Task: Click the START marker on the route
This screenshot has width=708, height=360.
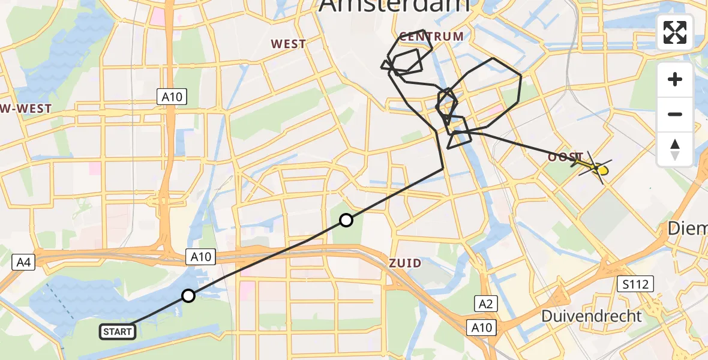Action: click(118, 331)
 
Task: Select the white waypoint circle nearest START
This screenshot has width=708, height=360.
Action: click(188, 295)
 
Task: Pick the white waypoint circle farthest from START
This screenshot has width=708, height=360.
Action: click(346, 220)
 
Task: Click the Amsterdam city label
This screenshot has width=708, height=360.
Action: click(394, 6)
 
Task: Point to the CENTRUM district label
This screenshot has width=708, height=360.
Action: click(431, 37)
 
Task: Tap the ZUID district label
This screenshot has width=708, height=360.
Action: click(405, 263)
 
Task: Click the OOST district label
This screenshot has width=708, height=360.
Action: click(564, 157)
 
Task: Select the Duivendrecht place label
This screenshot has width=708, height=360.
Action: click(592, 316)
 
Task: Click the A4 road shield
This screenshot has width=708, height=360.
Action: click(22, 261)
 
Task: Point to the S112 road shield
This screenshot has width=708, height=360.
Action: click(635, 284)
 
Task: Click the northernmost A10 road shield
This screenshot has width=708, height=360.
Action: click(172, 96)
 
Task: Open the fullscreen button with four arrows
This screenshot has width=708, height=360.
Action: click(675, 32)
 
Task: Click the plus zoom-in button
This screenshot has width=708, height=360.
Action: click(675, 79)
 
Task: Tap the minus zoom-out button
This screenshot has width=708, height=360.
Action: click(675, 114)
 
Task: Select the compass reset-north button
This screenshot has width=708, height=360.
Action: click(675, 148)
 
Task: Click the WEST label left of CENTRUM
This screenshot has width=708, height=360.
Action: click(288, 44)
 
